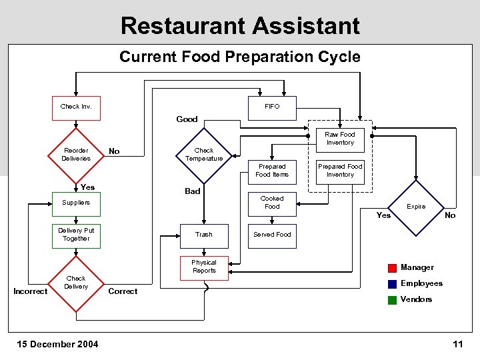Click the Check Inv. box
pyautogui.click(x=76, y=107)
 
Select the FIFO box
pyautogui.click(x=272, y=107)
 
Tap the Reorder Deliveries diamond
pyautogui.click(x=76, y=155)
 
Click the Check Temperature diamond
pyautogui.click(x=204, y=155)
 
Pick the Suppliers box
pyautogui.click(x=76, y=203)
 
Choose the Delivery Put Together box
pyautogui.click(x=76, y=235)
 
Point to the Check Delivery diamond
pyautogui.click(x=76, y=283)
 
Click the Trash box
pyautogui.click(x=204, y=235)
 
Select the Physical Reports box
pyautogui.click(x=204, y=267)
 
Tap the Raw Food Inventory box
pyautogui.click(x=340, y=139)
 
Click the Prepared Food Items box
pyautogui.click(x=272, y=171)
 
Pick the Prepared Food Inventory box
pyautogui.click(x=340, y=171)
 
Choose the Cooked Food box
pyautogui.click(x=272, y=203)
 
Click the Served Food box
pyautogui.click(x=272, y=235)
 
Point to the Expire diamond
pyautogui.click(x=417, y=207)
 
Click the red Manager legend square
pyautogui.click(x=392, y=268)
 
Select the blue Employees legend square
pyautogui.click(x=392, y=284)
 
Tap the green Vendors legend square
pyautogui.click(x=392, y=299)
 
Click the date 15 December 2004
pyautogui.click(x=59, y=344)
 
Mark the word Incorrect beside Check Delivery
pyautogui.click(x=31, y=291)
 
